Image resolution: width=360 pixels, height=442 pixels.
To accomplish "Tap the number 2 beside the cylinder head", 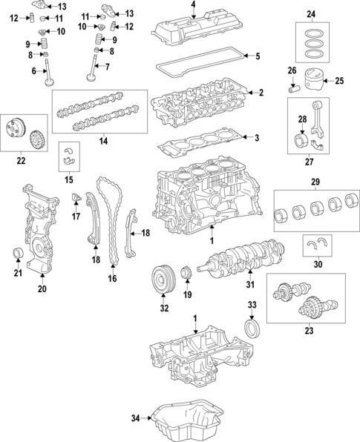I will [261, 93].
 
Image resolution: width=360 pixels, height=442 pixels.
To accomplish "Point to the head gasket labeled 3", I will [201, 140].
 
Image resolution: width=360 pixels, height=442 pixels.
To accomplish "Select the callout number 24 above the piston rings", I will [311, 14].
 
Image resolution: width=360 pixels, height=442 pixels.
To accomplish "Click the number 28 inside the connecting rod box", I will [302, 119].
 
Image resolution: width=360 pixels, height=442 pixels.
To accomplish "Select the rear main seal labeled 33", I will [253, 328].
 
